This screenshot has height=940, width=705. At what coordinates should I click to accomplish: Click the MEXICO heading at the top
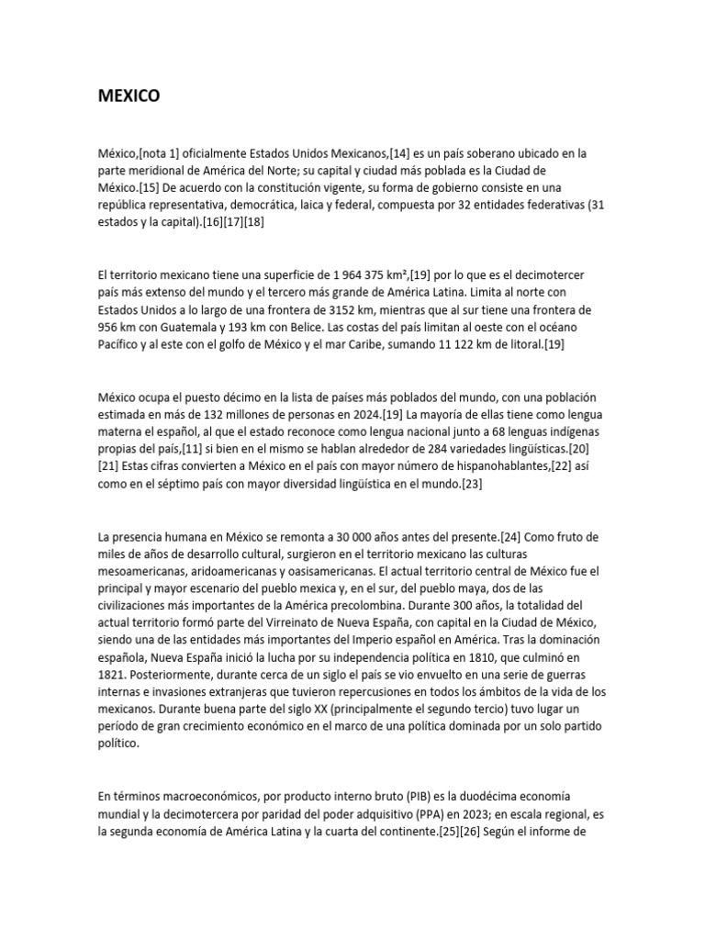point(129,95)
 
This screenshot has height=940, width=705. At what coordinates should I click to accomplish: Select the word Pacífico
point(120,345)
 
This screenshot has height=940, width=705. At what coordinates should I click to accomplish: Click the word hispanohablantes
point(466,467)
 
